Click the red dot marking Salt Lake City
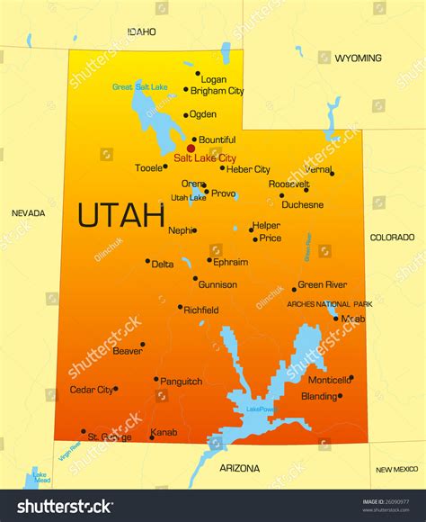coord(191,148)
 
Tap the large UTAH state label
coord(120,215)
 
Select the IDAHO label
coord(141,31)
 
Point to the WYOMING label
coord(358,58)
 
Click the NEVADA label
coord(28,213)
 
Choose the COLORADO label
coord(393,238)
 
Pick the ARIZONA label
coord(239,468)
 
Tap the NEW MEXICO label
coord(396,469)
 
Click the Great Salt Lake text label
coord(139,86)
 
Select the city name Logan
coord(213,79)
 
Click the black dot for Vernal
coord(332,174)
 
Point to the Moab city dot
coord(336,318)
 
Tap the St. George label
coord(109,437)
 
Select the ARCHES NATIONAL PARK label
coord(329,304)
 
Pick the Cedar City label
coord(92,390)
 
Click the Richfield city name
coord(200,310)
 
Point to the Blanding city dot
coord(339,395)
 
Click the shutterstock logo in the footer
coord(66,506)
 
